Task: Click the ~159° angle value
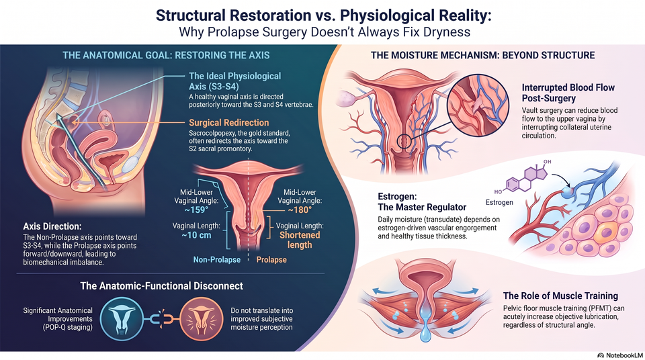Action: tap(196, 210)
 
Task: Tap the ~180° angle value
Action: tap(300, 210)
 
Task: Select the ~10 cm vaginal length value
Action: tap(196, 235)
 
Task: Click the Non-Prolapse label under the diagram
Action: tap(217, 260)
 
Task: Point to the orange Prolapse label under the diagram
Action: tap(271, 260)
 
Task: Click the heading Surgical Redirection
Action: tap(228, 123)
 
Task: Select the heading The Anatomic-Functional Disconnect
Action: tap(162, 286)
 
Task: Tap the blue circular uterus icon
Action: tap(122, 319)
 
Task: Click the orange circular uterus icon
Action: tap(202, 319)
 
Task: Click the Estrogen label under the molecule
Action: tap(499, 202)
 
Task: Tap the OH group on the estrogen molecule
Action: tap(547, 162)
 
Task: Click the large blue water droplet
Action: tap(426, 332)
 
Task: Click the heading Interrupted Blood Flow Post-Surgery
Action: tap(568, 93)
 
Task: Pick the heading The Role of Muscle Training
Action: tap(560, 296)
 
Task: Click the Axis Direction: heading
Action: tap(52, 226)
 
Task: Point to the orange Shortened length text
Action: tap(300, 240)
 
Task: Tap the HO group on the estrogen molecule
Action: tap(498, 191)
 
